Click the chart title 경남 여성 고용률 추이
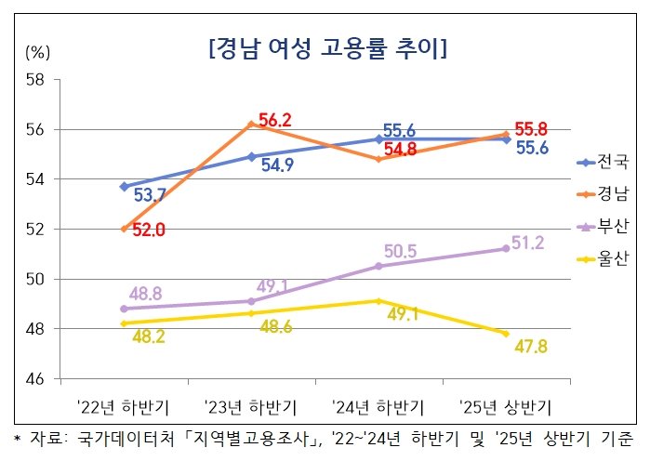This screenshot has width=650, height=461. click(x=325, y=47)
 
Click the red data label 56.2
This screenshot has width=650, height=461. click(x=275, y=120)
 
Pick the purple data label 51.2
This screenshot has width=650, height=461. click(x=531, y=244)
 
